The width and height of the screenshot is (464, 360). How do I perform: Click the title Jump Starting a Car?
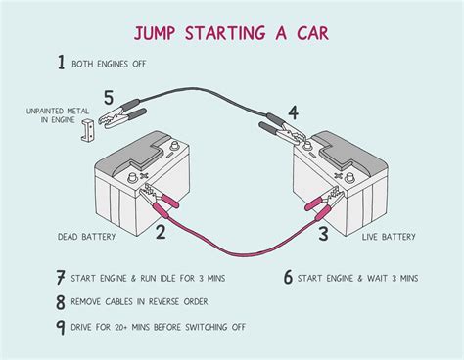(232, 34)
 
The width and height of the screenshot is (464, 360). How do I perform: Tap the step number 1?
(61, 64)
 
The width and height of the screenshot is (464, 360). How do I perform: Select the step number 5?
(109, 98)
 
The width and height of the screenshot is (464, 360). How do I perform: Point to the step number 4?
(293, 112)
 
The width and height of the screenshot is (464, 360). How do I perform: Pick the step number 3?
(322, 232)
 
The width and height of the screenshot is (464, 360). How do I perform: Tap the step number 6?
(288, 278)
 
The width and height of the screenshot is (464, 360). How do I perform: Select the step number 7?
(61, 278)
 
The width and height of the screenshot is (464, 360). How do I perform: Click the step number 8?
(61, 303)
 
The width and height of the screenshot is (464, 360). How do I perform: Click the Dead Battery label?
(87, 237)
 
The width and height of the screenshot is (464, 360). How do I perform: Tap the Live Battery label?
(389, 237)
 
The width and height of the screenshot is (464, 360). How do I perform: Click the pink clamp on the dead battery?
(162, 201)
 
